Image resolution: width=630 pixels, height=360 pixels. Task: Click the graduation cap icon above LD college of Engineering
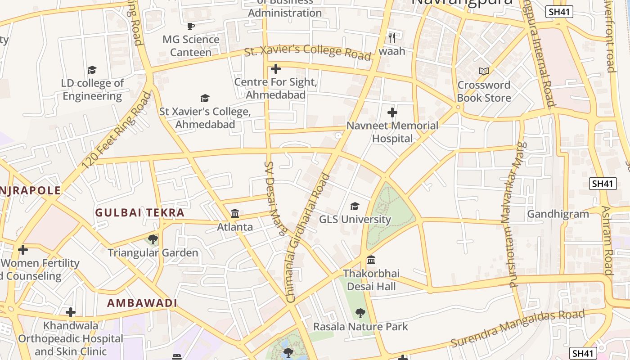point(92,70)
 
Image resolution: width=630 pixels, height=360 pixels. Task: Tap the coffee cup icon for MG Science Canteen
point(191,26)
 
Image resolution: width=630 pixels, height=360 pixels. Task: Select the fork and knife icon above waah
point(392,37)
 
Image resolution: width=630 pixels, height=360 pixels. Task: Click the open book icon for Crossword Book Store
point(484,71)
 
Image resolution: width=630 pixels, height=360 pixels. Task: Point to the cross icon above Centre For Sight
point(276,69)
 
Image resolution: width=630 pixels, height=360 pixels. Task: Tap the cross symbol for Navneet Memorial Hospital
point(392,112)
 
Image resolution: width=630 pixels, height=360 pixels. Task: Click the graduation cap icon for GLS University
point(355,206)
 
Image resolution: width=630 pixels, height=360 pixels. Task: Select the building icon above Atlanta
point(235,213)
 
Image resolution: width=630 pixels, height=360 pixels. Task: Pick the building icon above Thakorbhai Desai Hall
point(371,260)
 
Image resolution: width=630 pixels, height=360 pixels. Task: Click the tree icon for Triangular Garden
point(153,239)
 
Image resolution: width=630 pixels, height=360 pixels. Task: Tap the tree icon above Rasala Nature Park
point(360,313)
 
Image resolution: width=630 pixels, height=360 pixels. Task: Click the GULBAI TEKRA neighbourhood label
point(140,213)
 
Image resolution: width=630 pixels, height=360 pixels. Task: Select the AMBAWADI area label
point(142,303)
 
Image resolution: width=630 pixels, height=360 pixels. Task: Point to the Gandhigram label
point(558,214)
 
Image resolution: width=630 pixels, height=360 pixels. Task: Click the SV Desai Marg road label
point(275,198)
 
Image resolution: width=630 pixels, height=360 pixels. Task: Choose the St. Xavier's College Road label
point(308,52)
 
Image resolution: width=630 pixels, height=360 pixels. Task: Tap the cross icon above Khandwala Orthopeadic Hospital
point(70,312)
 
